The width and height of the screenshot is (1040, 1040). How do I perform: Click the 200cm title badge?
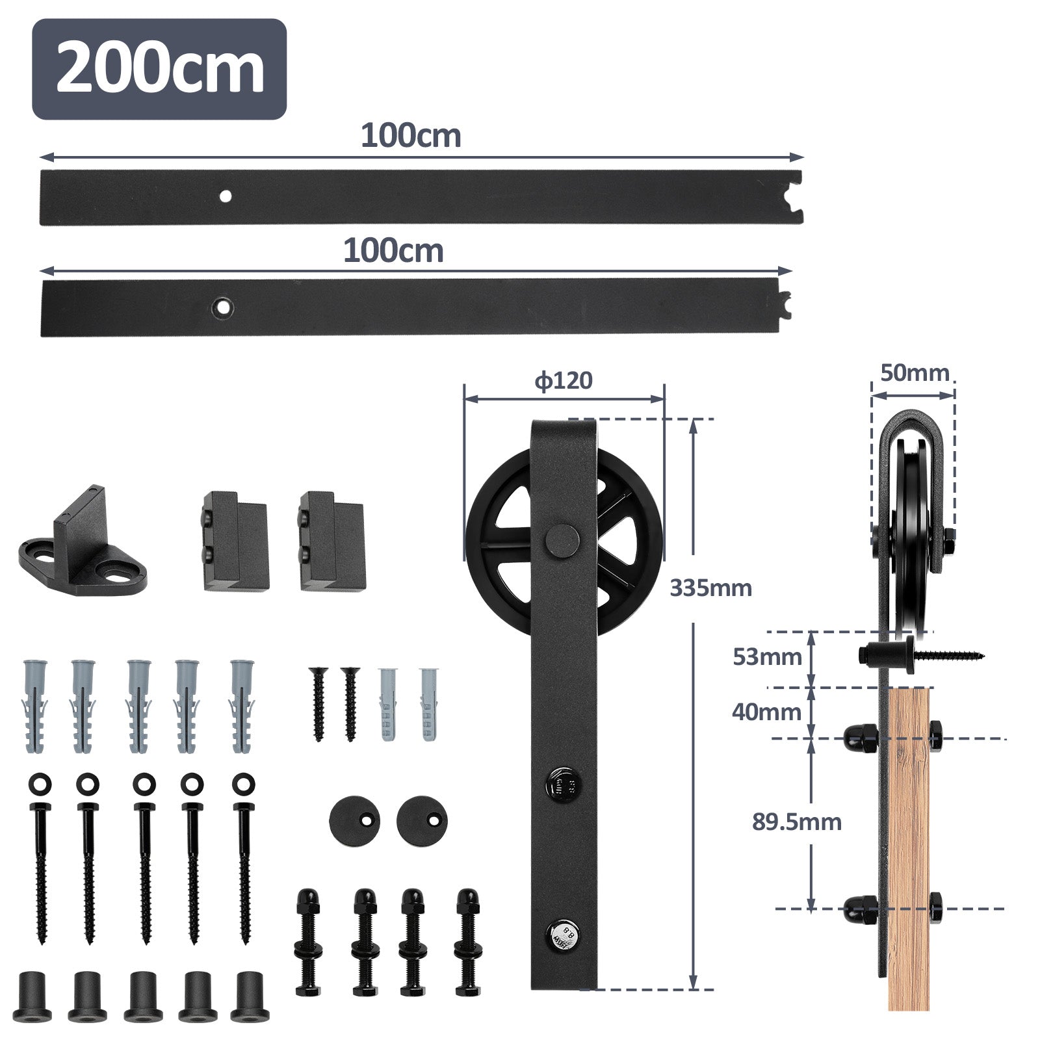159,69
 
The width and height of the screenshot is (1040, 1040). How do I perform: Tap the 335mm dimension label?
710,588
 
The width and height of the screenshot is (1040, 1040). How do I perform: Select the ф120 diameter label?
564,380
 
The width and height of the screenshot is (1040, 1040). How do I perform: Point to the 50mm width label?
915,373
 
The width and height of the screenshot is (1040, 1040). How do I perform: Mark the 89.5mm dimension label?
797,822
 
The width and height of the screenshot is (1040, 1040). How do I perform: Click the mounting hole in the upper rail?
226,195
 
